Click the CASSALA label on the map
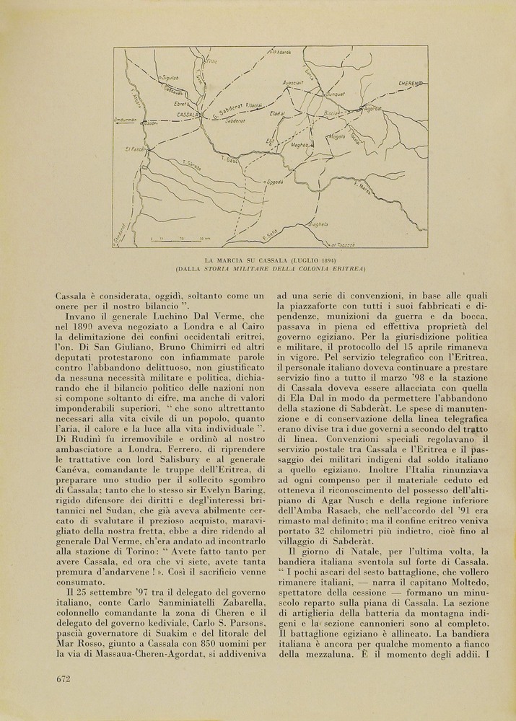point(188,115)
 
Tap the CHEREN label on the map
point(409,84)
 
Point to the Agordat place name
point(372,109)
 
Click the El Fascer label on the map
point(135,149)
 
